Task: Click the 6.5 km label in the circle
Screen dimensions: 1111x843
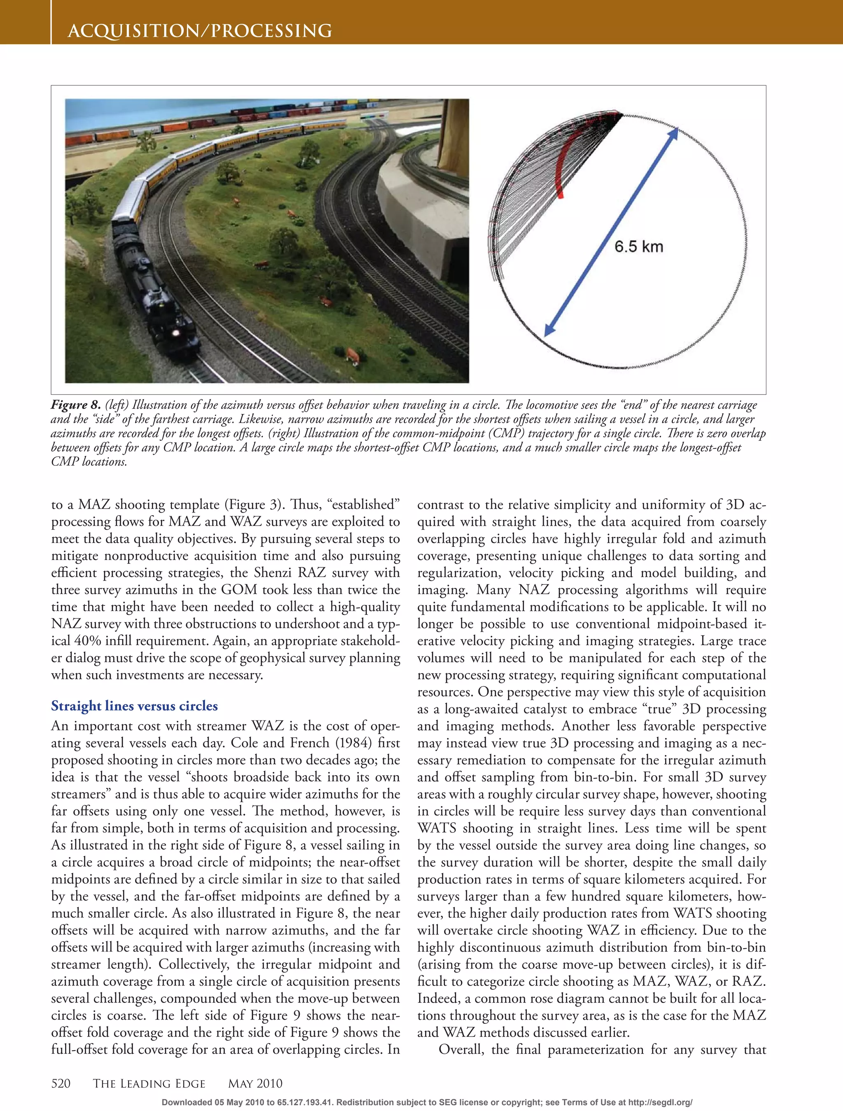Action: [x=638, y=246]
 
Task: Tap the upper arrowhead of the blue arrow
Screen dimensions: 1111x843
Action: [x=674, y=132]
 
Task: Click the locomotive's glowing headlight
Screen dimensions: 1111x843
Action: [x=176, y=333]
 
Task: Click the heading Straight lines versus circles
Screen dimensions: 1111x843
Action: [x=134, y=706]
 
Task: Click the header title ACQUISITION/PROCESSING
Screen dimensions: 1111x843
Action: [x=200, y=31]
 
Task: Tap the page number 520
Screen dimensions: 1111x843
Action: [x=61, y=1083]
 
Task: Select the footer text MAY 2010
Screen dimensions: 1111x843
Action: [x=255, y=1083]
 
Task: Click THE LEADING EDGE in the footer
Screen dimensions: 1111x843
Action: [x=149, y=1083]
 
